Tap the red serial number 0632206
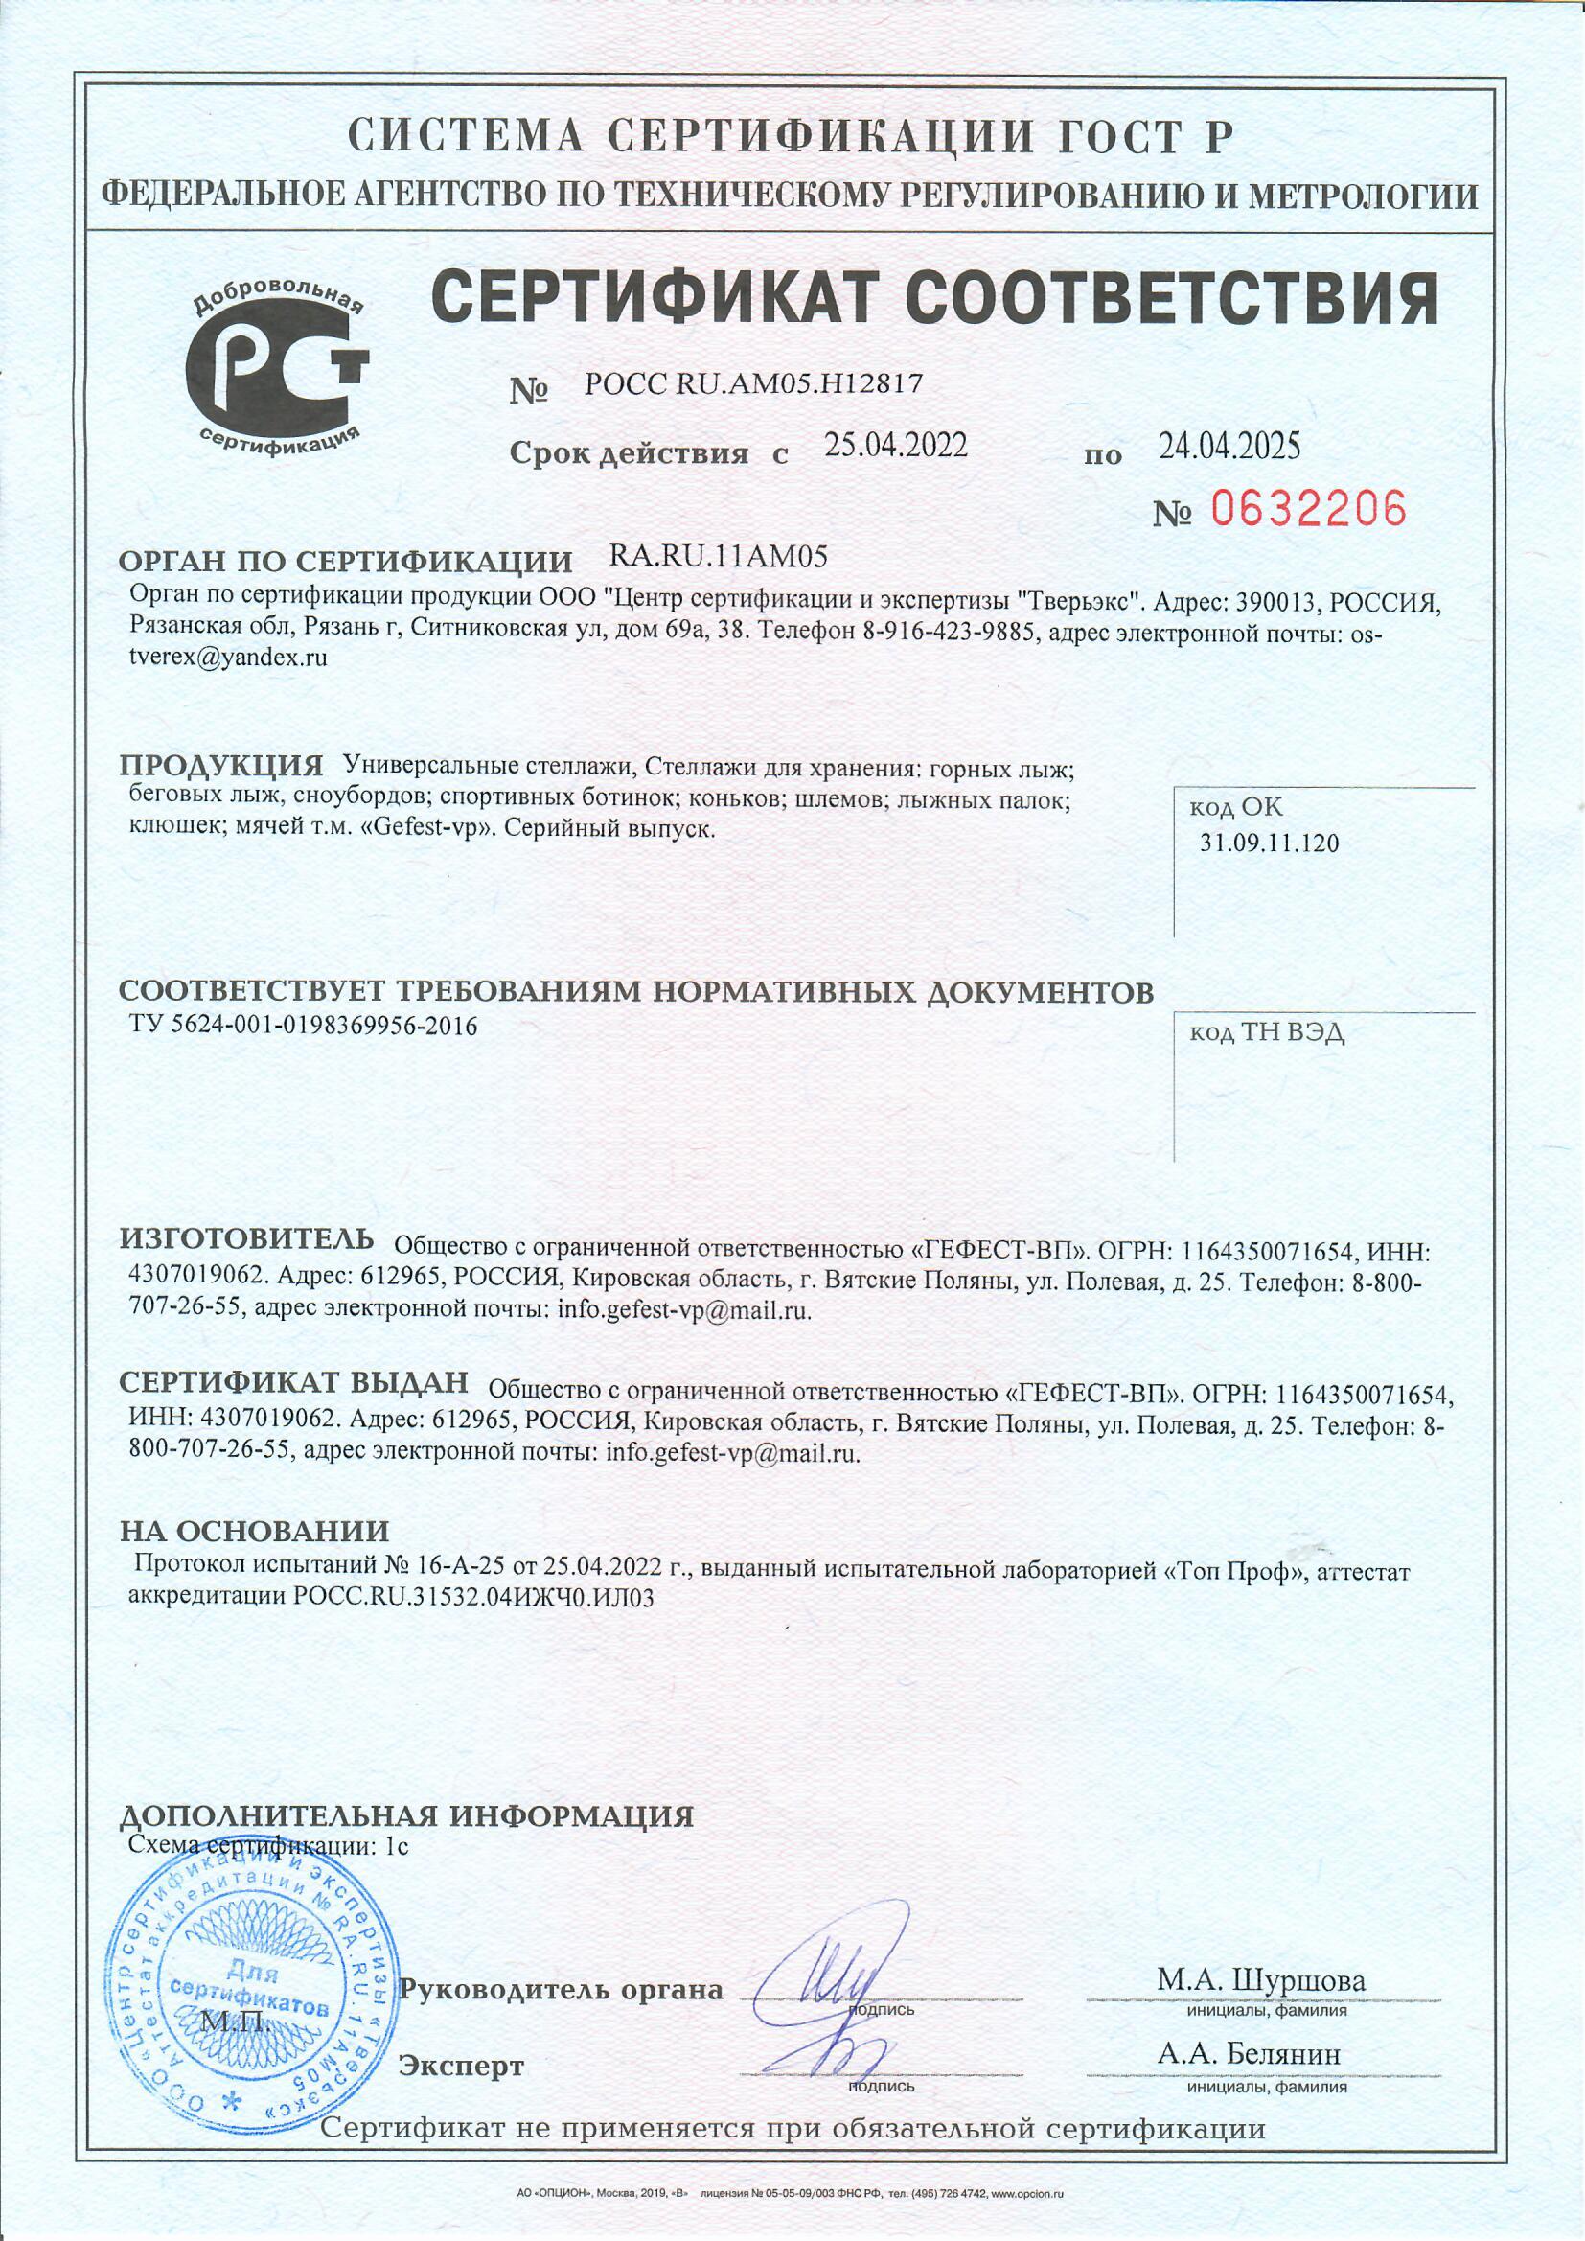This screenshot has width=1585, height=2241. coord(1308,510)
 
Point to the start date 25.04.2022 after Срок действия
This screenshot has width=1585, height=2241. coord(895,446)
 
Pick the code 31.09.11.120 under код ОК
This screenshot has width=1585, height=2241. coord(1269,843)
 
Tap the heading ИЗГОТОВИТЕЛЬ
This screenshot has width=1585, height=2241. coord(246,1238)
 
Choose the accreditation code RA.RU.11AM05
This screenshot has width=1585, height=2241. coord(718,557)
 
